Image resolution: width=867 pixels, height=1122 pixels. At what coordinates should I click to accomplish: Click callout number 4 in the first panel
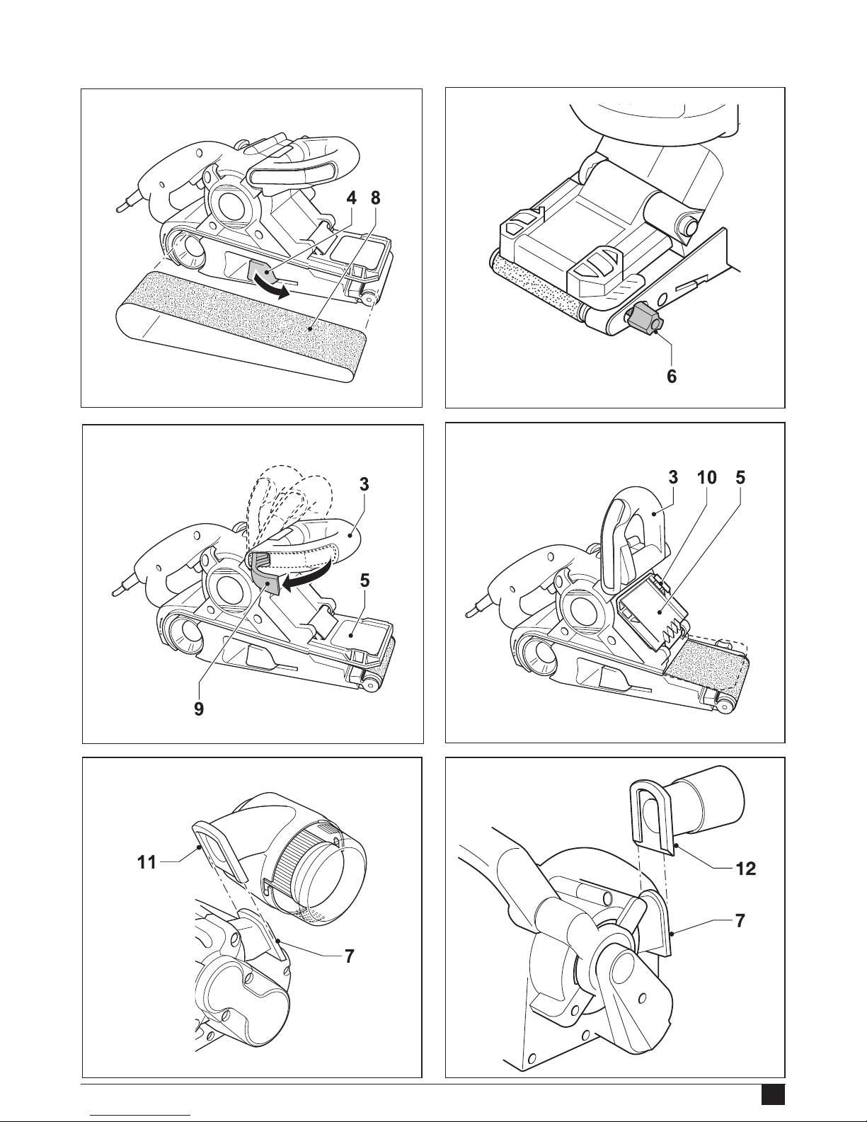352,198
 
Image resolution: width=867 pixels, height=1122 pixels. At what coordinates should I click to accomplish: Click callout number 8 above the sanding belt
376,198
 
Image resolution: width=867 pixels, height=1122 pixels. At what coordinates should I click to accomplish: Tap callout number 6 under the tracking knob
672,376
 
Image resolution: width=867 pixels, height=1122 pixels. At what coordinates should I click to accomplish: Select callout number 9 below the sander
199,709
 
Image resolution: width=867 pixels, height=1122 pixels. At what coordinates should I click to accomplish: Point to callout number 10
706,477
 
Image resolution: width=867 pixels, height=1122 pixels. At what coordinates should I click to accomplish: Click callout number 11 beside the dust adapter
147,861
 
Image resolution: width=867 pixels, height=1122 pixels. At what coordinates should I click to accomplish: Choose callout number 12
745,869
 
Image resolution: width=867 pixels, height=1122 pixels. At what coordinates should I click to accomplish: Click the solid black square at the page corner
773,1094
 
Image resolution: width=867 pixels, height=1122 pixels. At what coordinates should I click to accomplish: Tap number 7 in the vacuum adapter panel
740,921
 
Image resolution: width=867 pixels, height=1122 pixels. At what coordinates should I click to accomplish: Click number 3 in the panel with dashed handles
364,484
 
